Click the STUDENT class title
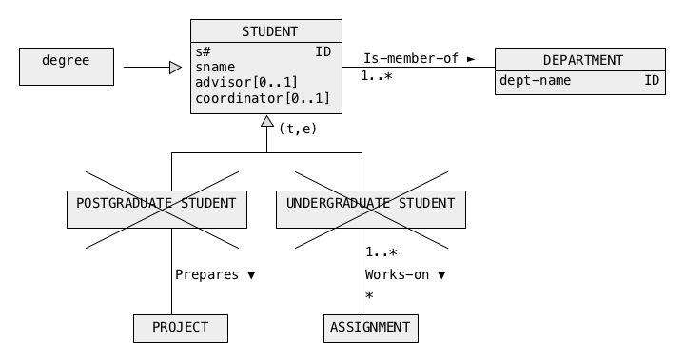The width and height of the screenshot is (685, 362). (269, 32)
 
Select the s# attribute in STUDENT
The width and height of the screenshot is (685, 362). (204, 51)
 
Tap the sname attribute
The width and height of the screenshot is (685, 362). (215, 67)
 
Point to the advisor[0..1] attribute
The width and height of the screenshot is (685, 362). (246, 82)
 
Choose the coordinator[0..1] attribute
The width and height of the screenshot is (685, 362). (263, 98)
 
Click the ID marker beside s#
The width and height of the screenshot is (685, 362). (323, 51)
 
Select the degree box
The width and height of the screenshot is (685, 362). (67, 67)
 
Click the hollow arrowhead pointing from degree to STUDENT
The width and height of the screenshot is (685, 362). (176, 68)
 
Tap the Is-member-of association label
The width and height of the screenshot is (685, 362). (411, 58)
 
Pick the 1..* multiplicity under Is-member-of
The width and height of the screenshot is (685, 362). (377, 76)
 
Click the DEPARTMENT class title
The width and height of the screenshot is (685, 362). (583, 60)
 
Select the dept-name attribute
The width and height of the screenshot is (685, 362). (535, 80)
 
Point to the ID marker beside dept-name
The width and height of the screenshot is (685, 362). (652, 80)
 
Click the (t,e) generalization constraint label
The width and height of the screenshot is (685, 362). (298, 129)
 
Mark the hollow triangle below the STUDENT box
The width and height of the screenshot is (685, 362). (267, 121)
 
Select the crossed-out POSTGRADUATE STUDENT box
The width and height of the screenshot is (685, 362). (157, 210)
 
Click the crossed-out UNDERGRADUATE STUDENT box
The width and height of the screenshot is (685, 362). (371, 210)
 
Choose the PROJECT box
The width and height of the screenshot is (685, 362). (181, 329)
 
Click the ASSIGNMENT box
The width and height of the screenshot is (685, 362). (371, 329)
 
